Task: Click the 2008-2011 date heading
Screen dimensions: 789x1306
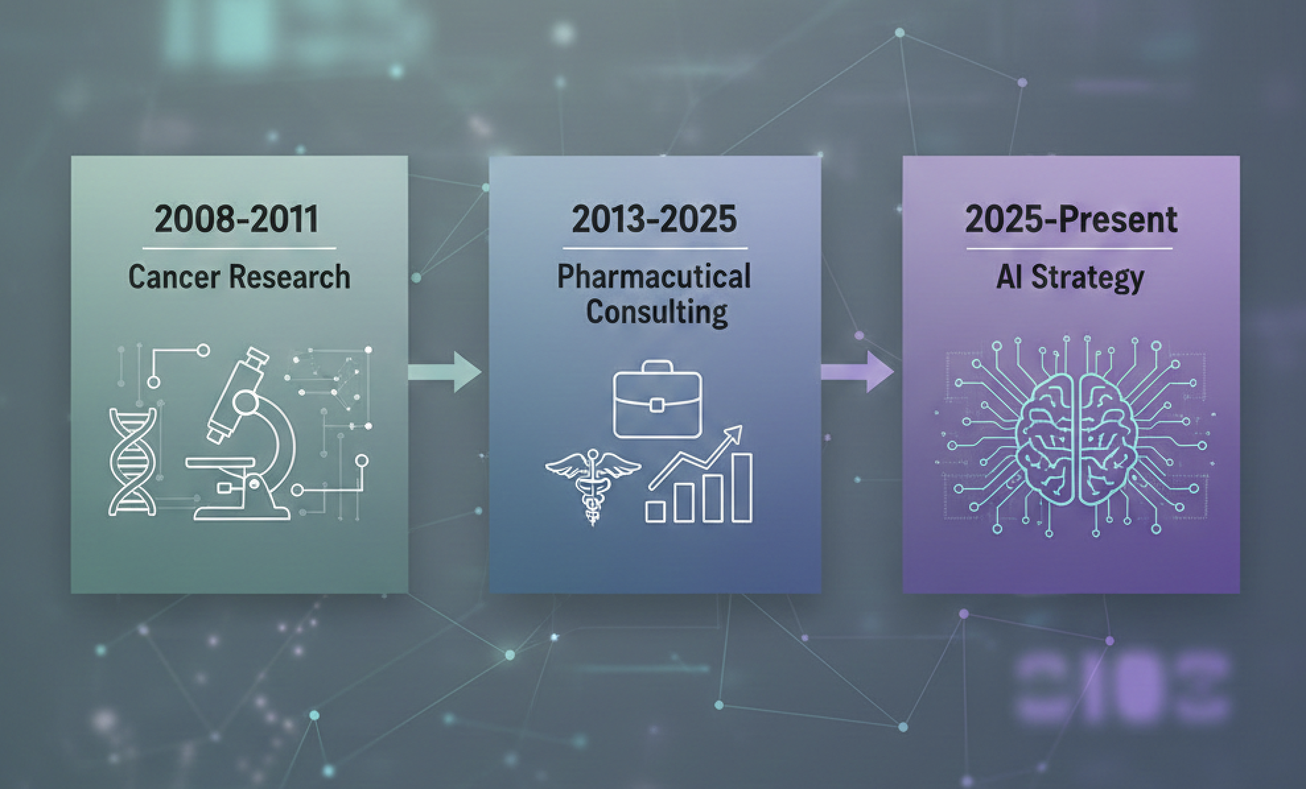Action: coord(236,219)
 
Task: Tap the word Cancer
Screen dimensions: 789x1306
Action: coord(173,276)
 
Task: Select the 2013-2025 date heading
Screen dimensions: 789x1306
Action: coord(654,219)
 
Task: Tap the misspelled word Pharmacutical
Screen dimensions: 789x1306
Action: coord(654,276)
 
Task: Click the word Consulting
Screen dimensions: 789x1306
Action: coord(656,311)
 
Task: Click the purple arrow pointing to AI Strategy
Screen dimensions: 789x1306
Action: coord(858,372)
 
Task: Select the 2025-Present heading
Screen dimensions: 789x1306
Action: coord(1070,219)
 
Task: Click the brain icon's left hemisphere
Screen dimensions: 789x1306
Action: coord(1047,435)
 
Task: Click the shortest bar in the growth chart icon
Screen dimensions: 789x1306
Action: coord(656,511)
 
